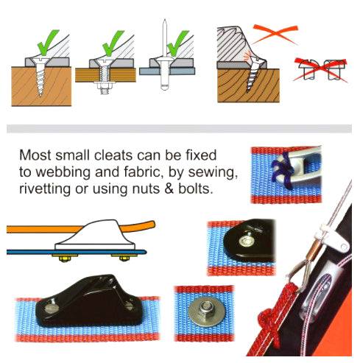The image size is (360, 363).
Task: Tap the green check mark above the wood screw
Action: [48, 42]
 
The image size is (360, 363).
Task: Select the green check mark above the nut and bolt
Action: [113, 43]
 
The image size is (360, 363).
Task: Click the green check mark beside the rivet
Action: [178, 43]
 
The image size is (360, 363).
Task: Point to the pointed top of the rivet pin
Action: [165, 20]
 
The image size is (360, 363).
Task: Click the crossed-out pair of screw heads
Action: [320, 69]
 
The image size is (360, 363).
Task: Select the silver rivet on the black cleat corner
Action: [245, 242]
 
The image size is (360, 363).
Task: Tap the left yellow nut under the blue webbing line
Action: [65, 258]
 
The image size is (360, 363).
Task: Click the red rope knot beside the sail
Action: [269, 322]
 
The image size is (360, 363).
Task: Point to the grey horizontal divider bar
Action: [179, 129]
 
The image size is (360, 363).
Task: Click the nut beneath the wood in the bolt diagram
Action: [105, 86]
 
